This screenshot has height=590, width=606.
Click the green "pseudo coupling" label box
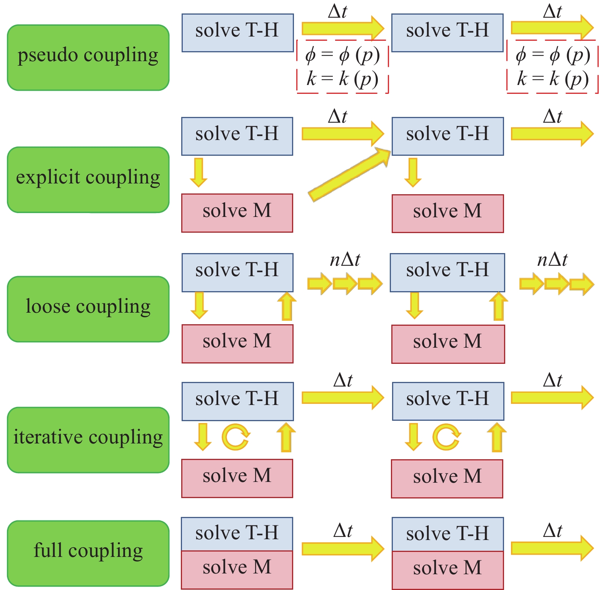point(88,58)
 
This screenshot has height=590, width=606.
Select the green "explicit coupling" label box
point(88,180)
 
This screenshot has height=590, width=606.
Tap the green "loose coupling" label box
point(88,309)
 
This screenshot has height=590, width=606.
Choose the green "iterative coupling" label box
point(88,440)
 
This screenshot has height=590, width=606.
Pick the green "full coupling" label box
point(88,553)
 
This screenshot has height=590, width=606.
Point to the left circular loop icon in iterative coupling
point(235,437)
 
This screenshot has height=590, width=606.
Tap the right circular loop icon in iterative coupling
point(446,437)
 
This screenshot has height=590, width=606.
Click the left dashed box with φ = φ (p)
point(342,67)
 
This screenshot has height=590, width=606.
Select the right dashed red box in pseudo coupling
point(553,67)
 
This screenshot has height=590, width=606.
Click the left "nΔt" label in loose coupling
point(345,260)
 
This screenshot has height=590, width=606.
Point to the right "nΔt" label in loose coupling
point(552,260)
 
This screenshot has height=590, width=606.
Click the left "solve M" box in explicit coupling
point(237,213)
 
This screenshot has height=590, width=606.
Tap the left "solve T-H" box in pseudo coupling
point(237,33)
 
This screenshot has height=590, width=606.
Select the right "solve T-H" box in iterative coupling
point(448,401)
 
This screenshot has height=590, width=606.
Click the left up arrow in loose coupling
point(287,307)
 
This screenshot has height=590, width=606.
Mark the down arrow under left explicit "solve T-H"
point(199,172)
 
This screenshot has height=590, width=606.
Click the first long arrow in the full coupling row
point(342,549)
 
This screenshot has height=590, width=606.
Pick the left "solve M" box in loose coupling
point(237,343)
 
